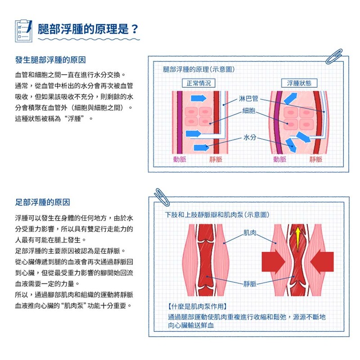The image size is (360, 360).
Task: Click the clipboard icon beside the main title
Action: coord(24,31)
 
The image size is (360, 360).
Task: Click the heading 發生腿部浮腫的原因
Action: coord(50,60)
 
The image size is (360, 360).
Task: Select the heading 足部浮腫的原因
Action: coord(42,202)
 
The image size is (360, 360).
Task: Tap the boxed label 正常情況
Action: coord(198,83)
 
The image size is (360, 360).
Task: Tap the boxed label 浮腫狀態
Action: coord(299,83)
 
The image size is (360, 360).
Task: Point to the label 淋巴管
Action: coord(248,99)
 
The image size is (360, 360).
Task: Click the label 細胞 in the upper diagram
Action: coord(249,111)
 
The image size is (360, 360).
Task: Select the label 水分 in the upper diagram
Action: coord(250,137)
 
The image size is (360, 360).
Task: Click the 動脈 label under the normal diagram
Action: coord(180,159)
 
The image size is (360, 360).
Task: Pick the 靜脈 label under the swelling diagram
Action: coord(316,159)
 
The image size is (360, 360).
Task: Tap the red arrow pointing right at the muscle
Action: coord(274,262)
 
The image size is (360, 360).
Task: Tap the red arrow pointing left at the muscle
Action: coord(322,262)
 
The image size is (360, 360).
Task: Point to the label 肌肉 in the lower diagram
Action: coord(250,233)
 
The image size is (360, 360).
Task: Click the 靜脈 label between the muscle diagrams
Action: coord(250,284)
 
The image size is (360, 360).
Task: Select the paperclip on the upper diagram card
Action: coord(334,57)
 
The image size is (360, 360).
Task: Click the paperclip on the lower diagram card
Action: coord(162,197)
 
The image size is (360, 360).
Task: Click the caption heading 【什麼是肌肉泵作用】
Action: coord(198,306)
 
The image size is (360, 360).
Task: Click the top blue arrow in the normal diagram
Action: coord(198,98)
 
